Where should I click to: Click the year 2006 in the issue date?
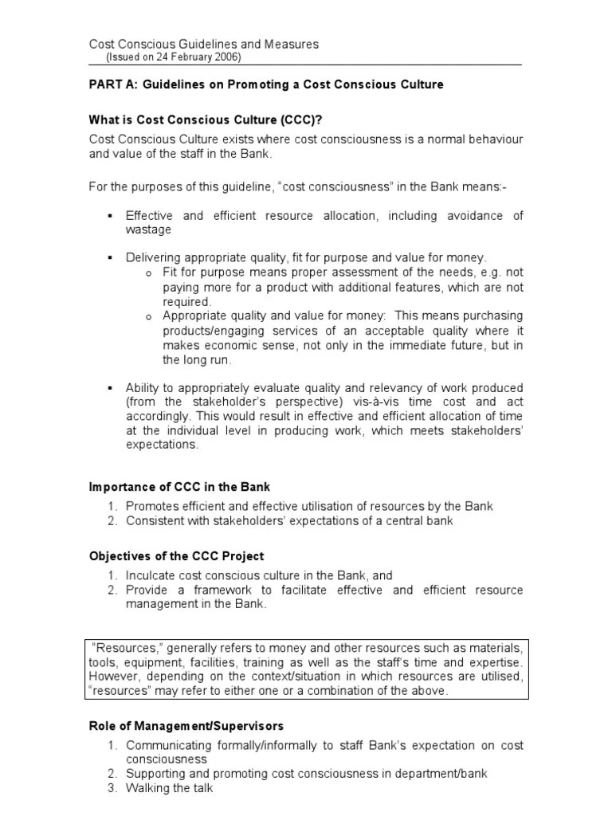point(226,57)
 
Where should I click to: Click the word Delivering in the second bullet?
point(153,257)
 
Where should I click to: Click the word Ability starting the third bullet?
point(142,386)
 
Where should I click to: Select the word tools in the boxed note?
point(102,662)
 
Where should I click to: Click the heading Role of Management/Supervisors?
point(186,726)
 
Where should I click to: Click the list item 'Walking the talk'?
point(170,788)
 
